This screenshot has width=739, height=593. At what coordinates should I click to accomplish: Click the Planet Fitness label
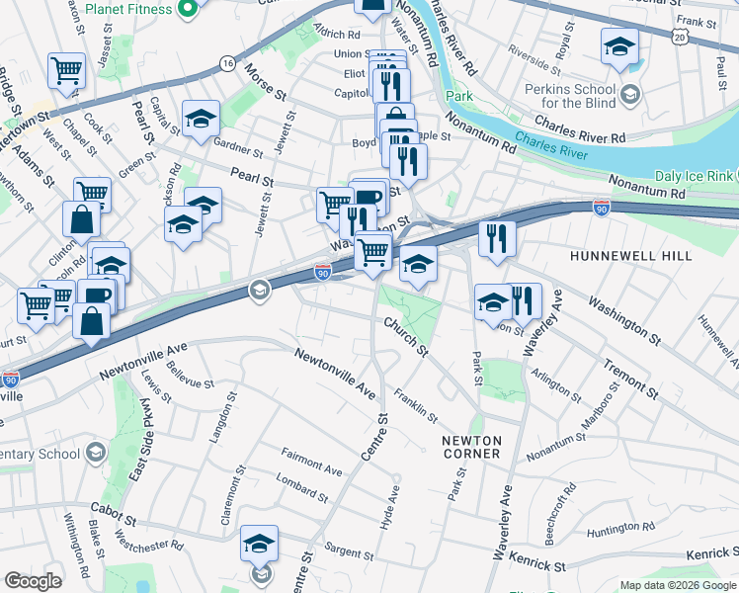[128, 9]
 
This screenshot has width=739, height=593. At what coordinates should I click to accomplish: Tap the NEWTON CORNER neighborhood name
[472, 446]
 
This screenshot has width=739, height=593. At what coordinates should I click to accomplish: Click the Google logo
[34, 581]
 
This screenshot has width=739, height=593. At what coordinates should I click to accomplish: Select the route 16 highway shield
[227, 63]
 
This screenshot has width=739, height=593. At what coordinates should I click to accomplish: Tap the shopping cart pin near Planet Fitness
[66, 70]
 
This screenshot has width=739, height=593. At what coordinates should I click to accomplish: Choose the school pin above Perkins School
[619, 47]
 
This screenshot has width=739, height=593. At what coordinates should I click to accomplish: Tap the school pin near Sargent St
[260, 544]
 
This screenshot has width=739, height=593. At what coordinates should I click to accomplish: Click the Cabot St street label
[111, 512]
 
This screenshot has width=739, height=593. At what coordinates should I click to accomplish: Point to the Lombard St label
[302, 489]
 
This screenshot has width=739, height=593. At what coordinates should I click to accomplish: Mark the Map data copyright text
[677, 584]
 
